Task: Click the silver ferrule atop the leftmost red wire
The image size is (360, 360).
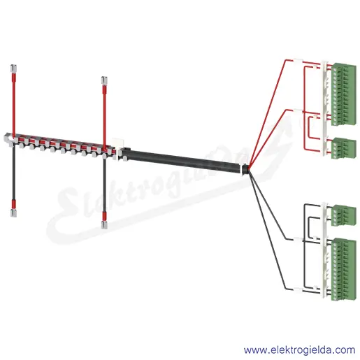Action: (x=13, y=69)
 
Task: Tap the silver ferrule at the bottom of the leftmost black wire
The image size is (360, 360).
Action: (x=13, y=213)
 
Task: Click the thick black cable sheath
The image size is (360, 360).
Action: (x=181, y=160)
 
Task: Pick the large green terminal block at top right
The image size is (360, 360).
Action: (x=344, y=94)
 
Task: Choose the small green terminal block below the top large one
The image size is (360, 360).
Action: (x=344, y=148)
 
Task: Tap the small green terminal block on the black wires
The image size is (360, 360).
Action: (x=344, y=215)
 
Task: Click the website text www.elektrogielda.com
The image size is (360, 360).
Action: (x=299, y=350)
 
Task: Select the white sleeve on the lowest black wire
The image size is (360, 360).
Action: (x=298, y=290)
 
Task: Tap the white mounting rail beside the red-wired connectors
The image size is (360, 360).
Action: (x=324, y=108)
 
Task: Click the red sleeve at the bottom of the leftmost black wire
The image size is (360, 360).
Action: (x=14, y=204)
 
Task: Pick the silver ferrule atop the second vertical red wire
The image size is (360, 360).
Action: (x=104, y=80)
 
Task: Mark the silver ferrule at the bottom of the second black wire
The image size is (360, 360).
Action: (x=104, y=225)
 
